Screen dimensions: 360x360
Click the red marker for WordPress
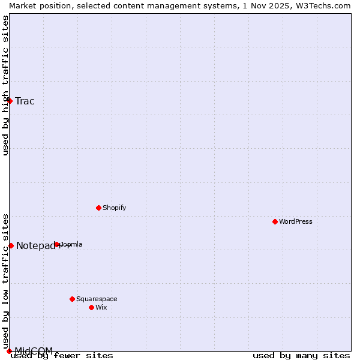(275, 221)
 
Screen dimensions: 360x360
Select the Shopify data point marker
(98, 208)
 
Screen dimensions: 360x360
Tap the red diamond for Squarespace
(72, 299)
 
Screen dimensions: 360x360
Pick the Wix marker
(91, 307)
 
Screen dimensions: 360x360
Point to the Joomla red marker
(57, 244)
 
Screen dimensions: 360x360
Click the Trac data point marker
(10, 101)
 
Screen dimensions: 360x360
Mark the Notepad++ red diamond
(11, 245)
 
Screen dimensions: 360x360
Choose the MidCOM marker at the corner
(9, 351)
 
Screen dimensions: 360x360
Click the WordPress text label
(296, 221)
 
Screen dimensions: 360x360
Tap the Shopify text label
(114, 208)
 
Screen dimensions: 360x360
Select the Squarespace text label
(97, 299)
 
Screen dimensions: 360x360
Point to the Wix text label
(101, 307)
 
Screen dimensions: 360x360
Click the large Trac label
(25, 101)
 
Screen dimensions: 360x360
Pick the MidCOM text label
(34, 350)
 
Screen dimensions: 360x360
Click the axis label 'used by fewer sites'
(62, 356)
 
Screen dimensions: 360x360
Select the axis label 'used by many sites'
(301, 356)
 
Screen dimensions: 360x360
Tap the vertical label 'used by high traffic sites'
(5, 85)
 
